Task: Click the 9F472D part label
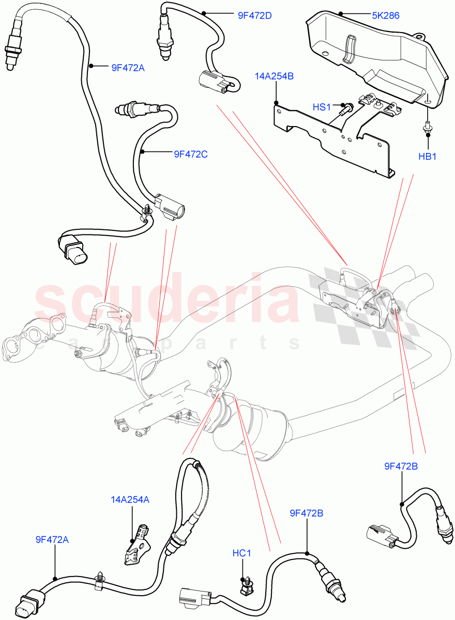pyautogui.click(x=254, y=16)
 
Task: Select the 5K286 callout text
pyautogui.click(x=385, y=16)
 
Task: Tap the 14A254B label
pyautogui.click(x=274, y=76)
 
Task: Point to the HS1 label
pyautogui.click(x=321, y=107)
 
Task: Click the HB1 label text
pyautogui.click(x=428, y=157)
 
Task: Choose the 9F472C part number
pyautogui.click(x=190, y=153)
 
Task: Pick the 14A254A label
pyautogui.click(x=130, y=500)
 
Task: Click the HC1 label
pyautogui.click(x=241, y=553)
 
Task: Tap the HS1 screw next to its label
pyautogui.click(x=346, y=107)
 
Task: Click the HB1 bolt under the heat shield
pyautogui.click(x=427, y=129)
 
